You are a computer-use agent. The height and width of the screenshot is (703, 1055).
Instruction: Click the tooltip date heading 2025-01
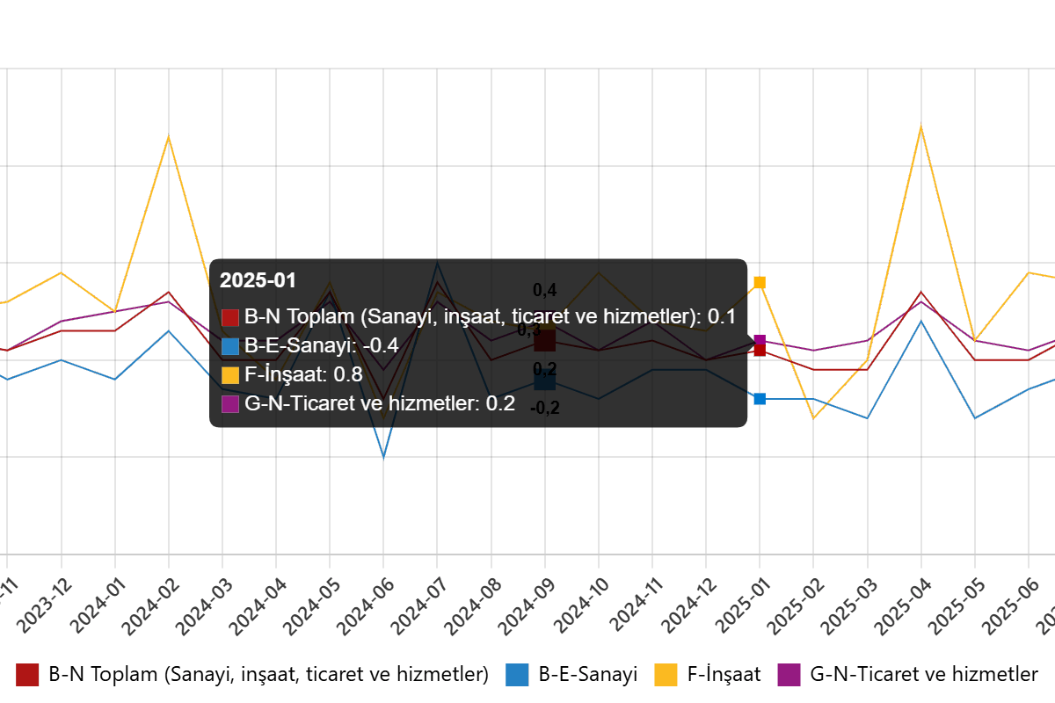pos(258,281)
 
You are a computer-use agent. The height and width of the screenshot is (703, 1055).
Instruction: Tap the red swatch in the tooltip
pos(230,317)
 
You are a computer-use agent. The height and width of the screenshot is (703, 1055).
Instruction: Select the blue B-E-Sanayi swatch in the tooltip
pos(230,346)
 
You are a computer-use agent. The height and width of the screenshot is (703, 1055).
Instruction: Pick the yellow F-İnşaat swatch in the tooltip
pos(230,375)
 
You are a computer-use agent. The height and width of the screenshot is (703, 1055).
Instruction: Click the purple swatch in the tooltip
pos(230,404)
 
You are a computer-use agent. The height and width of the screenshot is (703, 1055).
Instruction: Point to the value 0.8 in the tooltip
pos(348,375)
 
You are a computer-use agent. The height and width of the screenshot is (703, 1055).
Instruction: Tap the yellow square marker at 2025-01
pos(760,282)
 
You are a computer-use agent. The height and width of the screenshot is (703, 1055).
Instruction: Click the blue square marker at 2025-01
pos(760,399)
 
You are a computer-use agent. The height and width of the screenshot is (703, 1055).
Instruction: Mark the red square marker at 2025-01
pos(760,350)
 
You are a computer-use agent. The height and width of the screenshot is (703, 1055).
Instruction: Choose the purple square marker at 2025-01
pos(760,339)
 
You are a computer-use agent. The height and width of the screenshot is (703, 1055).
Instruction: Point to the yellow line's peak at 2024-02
pos(168,137)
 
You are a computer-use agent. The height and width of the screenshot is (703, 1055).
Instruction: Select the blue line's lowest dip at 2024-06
pos(383,457)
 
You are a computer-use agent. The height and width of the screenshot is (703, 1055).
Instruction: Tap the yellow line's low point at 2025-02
pos(813,418)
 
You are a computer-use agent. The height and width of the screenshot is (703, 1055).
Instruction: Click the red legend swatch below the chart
pos(27,675)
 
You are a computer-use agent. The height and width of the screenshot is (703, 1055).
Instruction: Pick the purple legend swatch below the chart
pos(789,675)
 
